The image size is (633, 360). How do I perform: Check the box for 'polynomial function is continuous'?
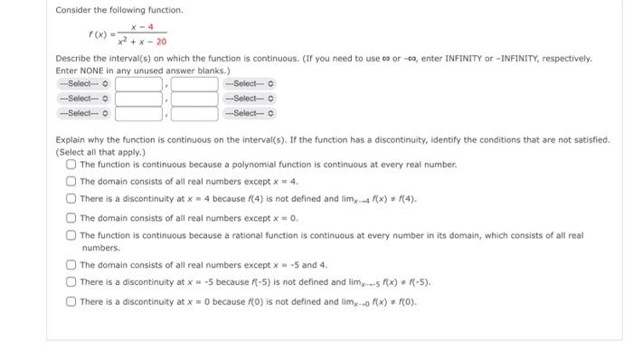tap(71, 166)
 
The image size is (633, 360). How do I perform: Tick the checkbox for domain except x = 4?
tap(71, 182)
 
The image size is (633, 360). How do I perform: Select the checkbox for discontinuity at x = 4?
tap(71, 199)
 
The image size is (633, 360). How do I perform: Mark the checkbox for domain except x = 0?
tap(71, 217)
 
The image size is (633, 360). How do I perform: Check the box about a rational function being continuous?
tap(71, 235)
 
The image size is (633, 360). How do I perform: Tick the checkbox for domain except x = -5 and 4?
tap(71, 265)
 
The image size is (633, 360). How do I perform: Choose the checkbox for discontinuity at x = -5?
tap(71, 282)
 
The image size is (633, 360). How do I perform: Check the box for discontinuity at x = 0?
tap(71, 300)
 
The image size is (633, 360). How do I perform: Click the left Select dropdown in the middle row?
tap(83, 99)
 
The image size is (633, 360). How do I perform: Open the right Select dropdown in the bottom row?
tap(250, 113)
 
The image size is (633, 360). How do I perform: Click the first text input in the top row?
tap(138, 84)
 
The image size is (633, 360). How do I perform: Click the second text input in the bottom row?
tap(194, 113)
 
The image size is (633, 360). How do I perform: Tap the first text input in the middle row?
tap(138, 99)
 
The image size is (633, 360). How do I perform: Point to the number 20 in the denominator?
tap(160, 42)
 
